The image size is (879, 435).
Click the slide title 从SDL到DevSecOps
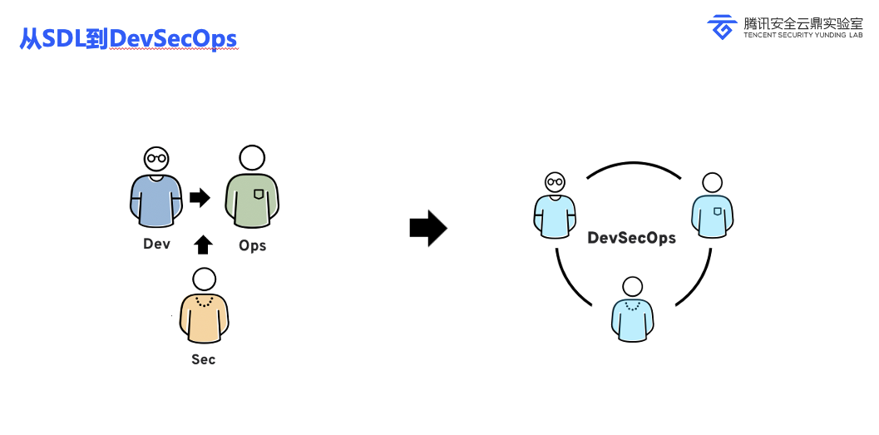click(x=128, y=39)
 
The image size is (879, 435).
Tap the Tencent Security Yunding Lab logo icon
click(x=722, y=27)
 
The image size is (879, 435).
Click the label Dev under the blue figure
click(x=156, y=244)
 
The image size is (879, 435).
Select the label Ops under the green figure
click(x=252, y=245)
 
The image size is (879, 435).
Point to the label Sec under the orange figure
click(x=204, y=359)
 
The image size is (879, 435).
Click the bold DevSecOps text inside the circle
click(x=631, y=238)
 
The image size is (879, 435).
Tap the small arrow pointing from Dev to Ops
click(x=200, y=197)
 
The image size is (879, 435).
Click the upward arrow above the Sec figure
click(x=203, y=245)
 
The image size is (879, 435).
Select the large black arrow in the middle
click(x=428, y=228)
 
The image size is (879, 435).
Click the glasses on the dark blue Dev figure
click(x=156, y=158)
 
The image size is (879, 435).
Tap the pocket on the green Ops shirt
click(x=259, y=194)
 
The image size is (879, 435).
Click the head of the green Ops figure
click(x=252, y=157)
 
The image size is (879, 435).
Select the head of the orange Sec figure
click(x=204, y=279)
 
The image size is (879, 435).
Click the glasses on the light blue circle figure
click(x=555, y=181)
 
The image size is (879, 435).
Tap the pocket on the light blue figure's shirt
click(x=718, y=210)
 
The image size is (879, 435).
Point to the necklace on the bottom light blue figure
click(x=632, y=305)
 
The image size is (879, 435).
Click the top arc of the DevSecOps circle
click(x=634, y=164)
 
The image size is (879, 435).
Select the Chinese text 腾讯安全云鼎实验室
click(x=803, y=23)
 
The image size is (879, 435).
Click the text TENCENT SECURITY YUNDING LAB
click(x=803, y=35)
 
